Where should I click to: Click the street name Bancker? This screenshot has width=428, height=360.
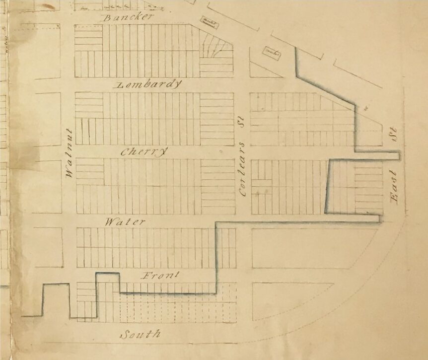point(127,17)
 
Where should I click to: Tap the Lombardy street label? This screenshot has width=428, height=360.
point(148,84)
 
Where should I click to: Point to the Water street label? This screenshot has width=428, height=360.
point(125,221)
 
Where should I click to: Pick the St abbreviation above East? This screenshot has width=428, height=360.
point(396,138)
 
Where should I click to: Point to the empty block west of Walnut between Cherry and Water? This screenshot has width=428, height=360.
point(47,186)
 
